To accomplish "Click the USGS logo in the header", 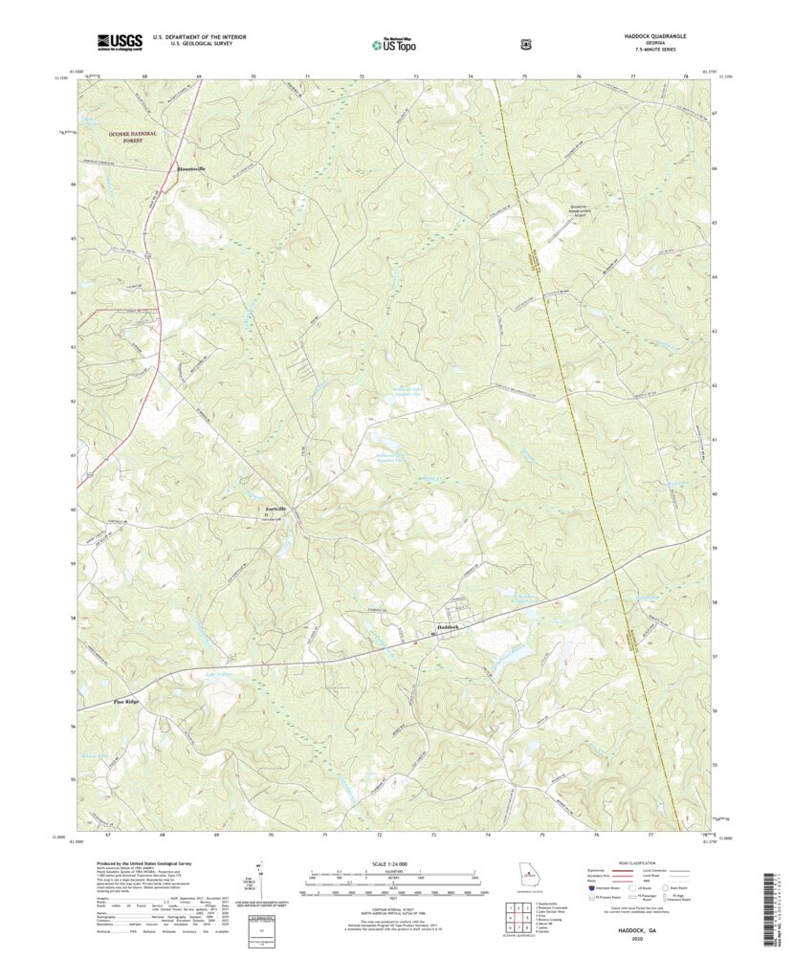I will point(119,42).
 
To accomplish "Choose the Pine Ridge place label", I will point(126,702).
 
